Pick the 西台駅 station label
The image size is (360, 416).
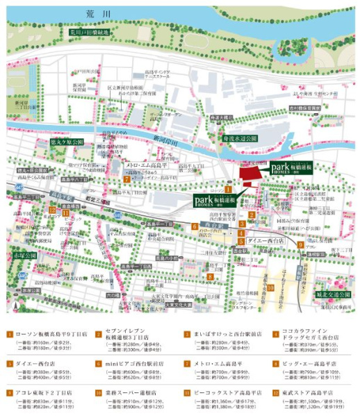coord(211,226)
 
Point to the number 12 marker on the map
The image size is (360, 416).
coord(53,210)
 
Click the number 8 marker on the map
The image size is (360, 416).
coord(209,277)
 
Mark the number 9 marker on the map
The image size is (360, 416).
coord(300,244)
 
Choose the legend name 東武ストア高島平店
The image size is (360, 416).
coord(311,392)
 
